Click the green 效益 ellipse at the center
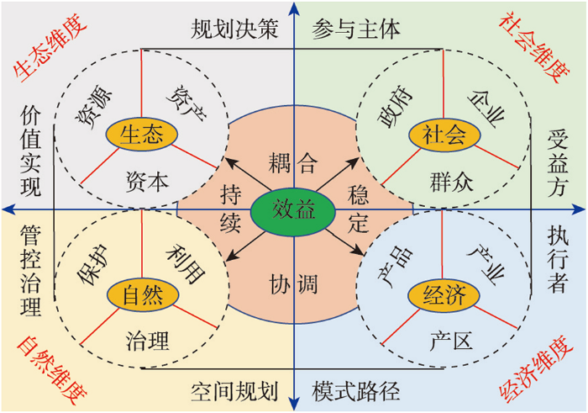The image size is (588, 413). (293, 209)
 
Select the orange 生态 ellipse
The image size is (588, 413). (142, 135)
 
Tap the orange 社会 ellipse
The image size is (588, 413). (444, 135)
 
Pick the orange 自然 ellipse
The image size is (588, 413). (143, 294)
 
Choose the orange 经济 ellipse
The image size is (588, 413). (444, 294)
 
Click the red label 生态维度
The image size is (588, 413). (50, 48)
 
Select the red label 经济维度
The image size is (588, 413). (536, 370)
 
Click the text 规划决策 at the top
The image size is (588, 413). (234, 29)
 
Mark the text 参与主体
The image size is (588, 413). (356, 29)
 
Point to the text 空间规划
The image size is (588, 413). (234, 392)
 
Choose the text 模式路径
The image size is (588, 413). (356, 392)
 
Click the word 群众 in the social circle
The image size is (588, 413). (452, 182)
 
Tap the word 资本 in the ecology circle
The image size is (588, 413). (147, 182)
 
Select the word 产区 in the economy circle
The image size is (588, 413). (452, 341)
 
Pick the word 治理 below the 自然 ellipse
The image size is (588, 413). (147, 341)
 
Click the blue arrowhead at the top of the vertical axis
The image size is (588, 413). (295, 8)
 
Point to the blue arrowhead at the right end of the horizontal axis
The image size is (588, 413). (579, 209)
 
